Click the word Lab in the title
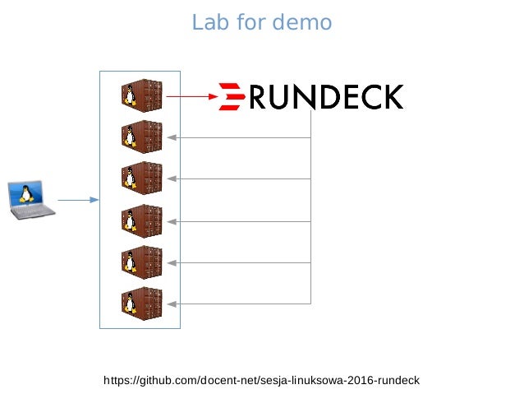pos(206,22)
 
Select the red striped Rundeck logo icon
pos(232,97)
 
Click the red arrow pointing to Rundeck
pos(192,97)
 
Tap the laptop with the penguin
pos(30,201)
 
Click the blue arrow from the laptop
pos(78,200)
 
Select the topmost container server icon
pos(141,95)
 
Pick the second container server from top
pos(141,137)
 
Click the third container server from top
pos(141,178)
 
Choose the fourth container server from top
pos(141,220)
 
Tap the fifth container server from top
pos(141,262)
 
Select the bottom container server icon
pos(141,303)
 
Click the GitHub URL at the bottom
pos(261,380)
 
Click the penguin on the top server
pos(129,96)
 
